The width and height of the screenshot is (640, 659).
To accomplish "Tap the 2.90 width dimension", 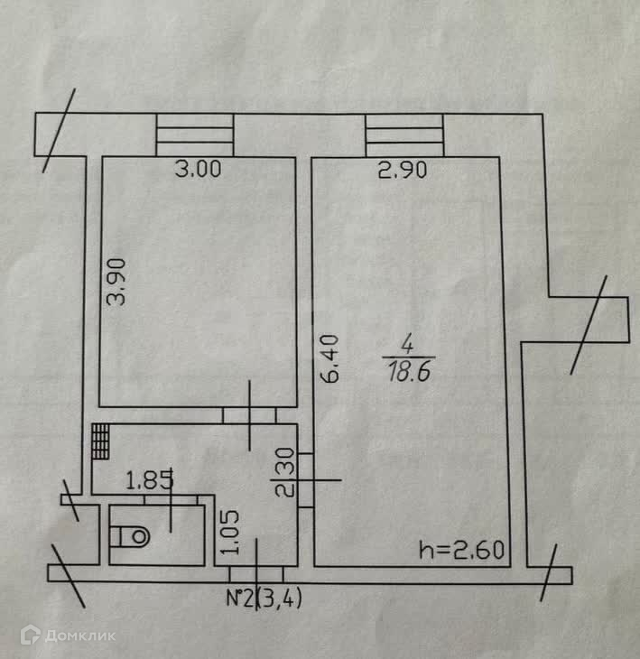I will coord(402,169).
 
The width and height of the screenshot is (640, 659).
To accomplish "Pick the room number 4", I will coord(407,344).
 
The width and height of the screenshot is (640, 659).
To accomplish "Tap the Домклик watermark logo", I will coord(69,636).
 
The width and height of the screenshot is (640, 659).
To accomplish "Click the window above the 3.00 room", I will coord(195,135).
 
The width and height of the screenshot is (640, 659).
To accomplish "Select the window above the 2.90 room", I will coord(403,135).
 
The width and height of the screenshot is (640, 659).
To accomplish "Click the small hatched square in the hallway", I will coord(99,441).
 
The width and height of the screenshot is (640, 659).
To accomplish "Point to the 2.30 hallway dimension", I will coord(287,473).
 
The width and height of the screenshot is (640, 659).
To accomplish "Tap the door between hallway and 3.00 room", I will coord(250,415).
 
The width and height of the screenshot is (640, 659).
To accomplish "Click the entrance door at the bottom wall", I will coord(256,573).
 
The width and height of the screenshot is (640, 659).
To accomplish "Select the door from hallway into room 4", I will coord(306,479).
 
